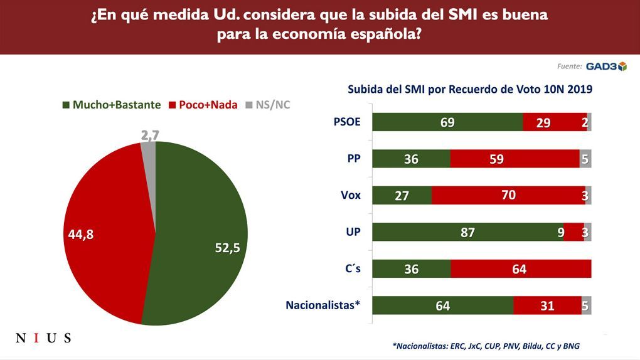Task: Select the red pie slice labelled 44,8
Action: pyautogui.click(x=107, y=232)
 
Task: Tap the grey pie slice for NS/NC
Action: pyautogui.click(x=149, y=151)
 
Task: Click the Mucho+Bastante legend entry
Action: pyautogui.click(x=112, y=105)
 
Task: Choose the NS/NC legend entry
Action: pyautogui.click(x=268, y=105)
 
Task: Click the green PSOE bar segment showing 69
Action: pyautogui.click(x=447, y=122)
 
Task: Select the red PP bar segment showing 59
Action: pyautogui.click(x=515, y=159)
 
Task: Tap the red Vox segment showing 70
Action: pyautogui.click(x=508, y=196)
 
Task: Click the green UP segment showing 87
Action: pyautogui.click(x=467, y=232)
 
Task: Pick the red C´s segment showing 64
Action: pyautogui.click(x=521, y=269)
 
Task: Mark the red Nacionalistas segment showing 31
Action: pyautogui.click(x=547, y=305)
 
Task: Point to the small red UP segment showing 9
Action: pyautogui.click(x=573, y=232)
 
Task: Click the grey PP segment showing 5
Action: pyautogui.click(x=585, y=159)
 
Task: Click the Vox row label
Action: pyautogui.click(x=350, y=195)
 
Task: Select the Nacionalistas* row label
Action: pyautogui.click(x=323, y=305)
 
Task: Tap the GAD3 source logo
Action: pyautogui.click(x=605, y=66)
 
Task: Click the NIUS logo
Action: pyautogui.click(x=43, y=338)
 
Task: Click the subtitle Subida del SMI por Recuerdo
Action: pyautogui.click(x=470, y=89)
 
